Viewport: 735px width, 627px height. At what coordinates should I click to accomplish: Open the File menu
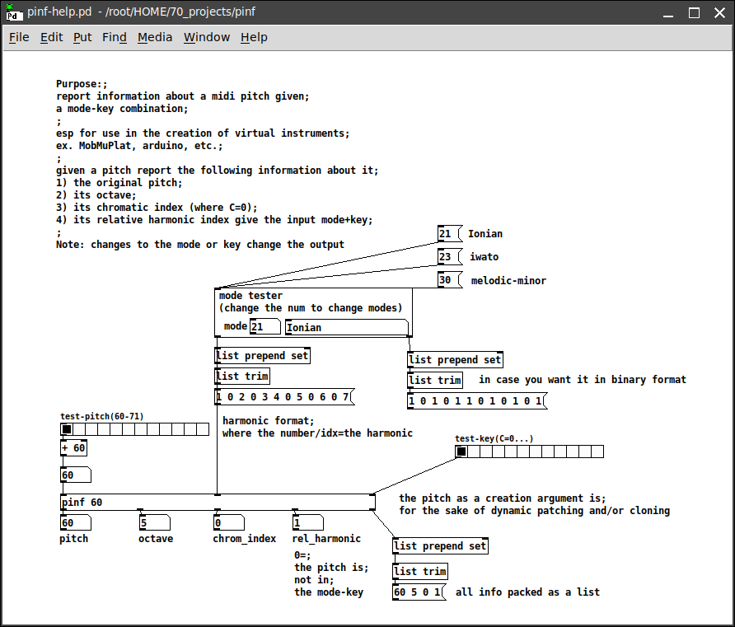(x=19, y=37)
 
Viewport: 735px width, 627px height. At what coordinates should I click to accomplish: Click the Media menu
(x=155, y=37)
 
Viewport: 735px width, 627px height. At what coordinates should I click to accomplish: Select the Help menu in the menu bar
(x=254, y=37)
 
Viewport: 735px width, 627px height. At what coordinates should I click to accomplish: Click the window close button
(x=719, y=12)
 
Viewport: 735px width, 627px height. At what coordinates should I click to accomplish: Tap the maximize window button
(x=695, y=12)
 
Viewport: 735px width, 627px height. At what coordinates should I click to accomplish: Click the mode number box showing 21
(x=265, y=326)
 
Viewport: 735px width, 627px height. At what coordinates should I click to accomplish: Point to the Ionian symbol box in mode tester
(x=346, y=327)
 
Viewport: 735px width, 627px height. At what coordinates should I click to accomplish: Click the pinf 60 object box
(x=218, y=502)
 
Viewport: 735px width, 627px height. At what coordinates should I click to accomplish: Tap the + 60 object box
(x=73, y=448)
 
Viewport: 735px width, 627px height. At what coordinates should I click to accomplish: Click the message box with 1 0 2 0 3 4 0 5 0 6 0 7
(x=284, y=397)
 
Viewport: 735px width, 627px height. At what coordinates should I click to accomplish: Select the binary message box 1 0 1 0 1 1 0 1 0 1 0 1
(x=477, y=400)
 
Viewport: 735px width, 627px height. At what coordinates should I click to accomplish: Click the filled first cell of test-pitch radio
(x=67, y=428)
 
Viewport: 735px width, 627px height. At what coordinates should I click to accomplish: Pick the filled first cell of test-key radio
(x=461, y=452)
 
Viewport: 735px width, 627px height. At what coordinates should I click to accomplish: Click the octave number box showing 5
(x=154, y=522)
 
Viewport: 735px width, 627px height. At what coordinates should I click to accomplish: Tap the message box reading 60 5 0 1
(x=419, y=592)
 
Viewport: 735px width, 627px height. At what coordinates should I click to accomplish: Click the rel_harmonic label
(x=326, y=539)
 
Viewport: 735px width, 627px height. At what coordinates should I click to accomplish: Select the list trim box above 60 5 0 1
(x=420, y=571)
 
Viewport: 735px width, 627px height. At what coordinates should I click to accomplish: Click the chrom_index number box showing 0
(x=229, y=522)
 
